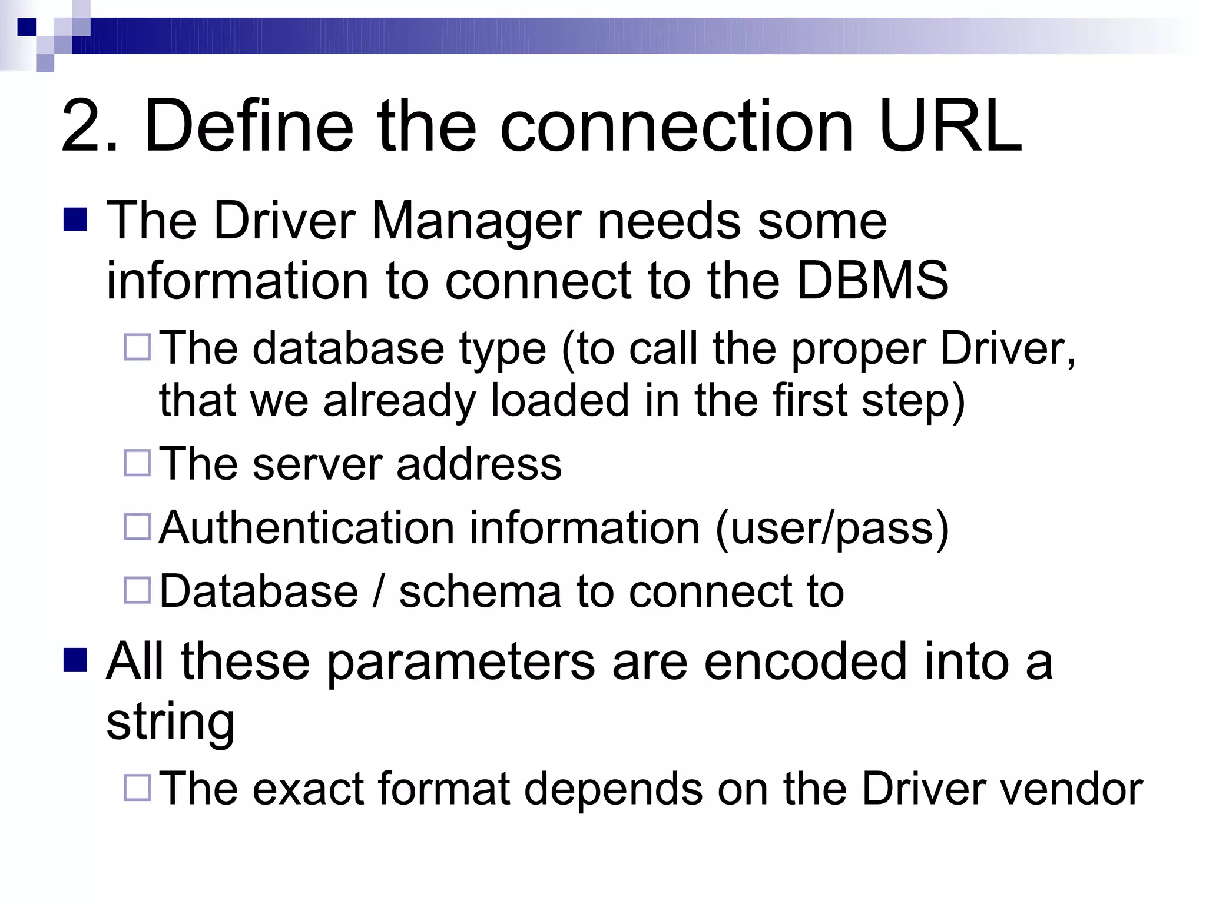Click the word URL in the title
tap(949, 126)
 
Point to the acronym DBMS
tap(872, 280)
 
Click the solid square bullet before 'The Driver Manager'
tap(75, 220)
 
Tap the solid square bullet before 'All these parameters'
tap(75, 660)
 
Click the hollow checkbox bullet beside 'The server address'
tap(138, 463)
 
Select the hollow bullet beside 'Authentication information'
tap(138, 526)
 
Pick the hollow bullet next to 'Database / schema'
tap(138, 590)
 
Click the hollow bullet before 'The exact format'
tap(138, 787)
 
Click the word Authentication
tap(307, 527)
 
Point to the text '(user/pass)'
tap(831, 529)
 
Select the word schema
tap(480, 591)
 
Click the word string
tap(170, 722)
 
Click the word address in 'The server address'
tap(479, 464)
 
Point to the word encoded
tap(806, 662)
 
